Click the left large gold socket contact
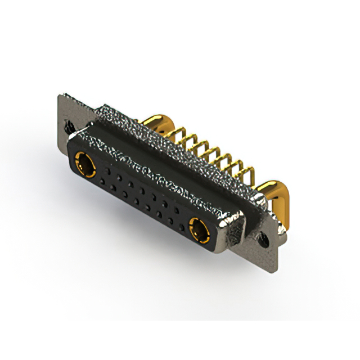(x=85, y=165)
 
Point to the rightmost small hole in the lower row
(x=181, y=226)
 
